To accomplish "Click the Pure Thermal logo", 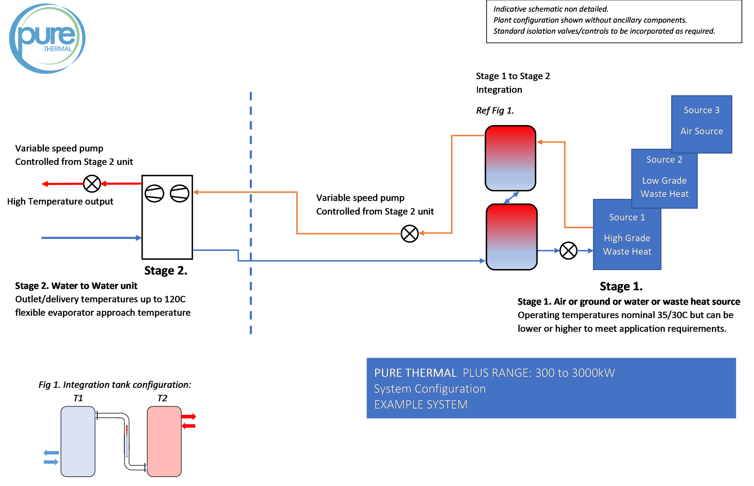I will [x=47, y=38].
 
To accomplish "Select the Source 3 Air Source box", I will [x=701, y=124].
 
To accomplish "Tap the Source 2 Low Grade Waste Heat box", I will [x=664, y=179].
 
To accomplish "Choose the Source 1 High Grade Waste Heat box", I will [x=627, y=235].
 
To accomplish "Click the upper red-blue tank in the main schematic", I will [x=510, y=158].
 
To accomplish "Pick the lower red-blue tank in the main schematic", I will [x=512, y=237].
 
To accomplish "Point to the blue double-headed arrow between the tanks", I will [x=511, y=198].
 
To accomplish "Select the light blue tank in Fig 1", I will [x=78, y=441].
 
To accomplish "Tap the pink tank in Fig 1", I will [x=164, y=441].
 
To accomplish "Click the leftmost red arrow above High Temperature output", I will [x=62, y=184].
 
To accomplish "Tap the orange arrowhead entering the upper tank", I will [x=540, y=142].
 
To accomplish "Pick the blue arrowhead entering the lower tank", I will [x=482, y=261].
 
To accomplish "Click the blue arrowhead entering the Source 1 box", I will [x=590, y=251].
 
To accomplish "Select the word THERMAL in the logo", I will [x=58, y=49].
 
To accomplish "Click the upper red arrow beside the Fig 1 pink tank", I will [x=189, y=417].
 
